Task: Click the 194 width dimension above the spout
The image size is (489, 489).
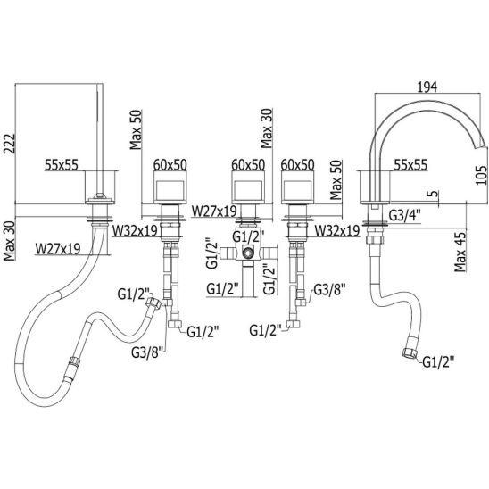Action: (x=427, y=87)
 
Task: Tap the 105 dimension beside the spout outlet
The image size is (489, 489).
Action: (x=482, y=175)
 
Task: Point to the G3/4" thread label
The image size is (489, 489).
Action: (x=405, y=215)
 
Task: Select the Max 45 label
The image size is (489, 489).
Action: (x=460, y=252)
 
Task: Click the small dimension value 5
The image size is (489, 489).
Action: (x=434, y=194)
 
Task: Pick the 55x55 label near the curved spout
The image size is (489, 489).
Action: (x=410, y=165)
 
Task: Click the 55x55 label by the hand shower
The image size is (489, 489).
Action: (x=62, y=165)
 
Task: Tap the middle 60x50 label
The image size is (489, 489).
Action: (x=248, y=165)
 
